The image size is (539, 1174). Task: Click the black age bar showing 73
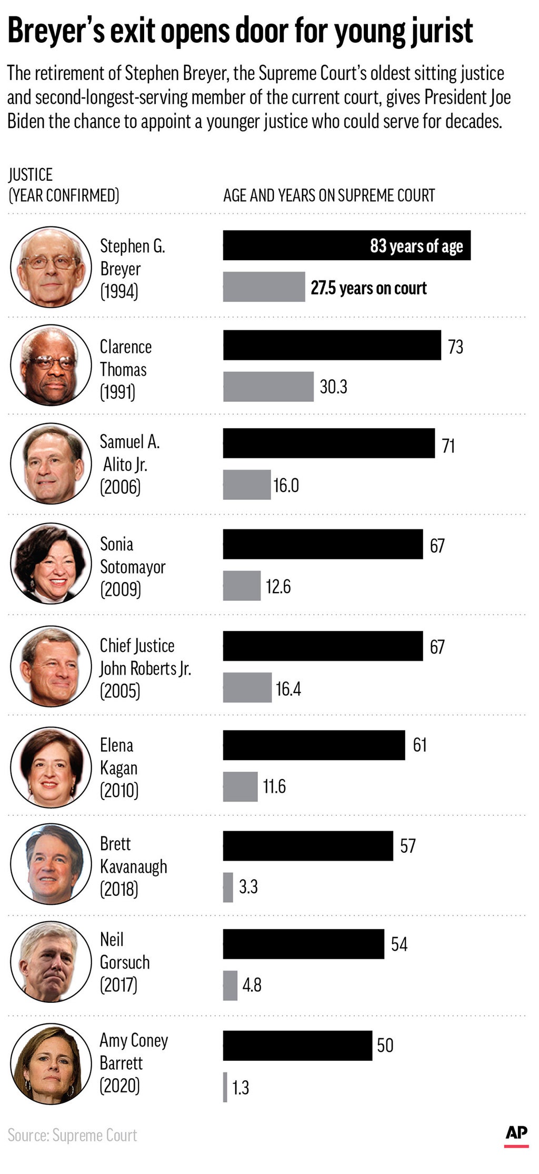[332, 345]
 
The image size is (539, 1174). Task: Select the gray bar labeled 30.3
[268, 387]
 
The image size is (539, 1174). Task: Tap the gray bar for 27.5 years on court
[264, 287]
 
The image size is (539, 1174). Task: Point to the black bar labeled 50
[297, 1045]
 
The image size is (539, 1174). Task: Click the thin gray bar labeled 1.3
[225, 1087]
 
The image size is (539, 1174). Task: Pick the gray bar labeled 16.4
[247, 687]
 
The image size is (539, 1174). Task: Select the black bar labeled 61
[314, 745]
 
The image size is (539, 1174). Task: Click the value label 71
[448, 446]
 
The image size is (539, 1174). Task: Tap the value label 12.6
[278, 586]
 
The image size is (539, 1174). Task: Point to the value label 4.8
[252, 985]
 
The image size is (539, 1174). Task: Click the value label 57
[407, 846]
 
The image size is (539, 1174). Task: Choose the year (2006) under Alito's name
[120, 487]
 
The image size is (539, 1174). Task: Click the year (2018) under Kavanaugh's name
[119, 889]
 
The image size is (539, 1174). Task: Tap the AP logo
[516, 1133]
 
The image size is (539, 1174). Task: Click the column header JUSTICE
[31, 175]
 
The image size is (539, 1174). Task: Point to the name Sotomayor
[133, 567]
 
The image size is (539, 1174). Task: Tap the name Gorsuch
[125, 962]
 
